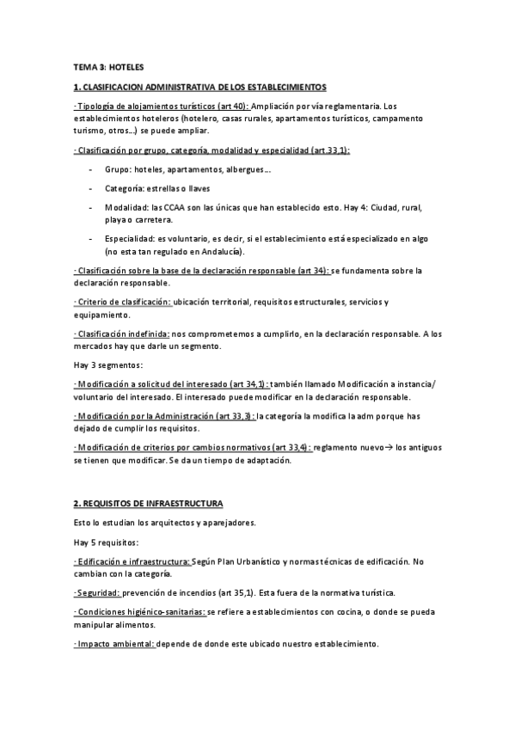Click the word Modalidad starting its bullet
(126, 207)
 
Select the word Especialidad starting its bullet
(132, 238)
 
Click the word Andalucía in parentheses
(219, 252)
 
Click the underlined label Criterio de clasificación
(124, 302)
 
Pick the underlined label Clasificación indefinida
(127, 333)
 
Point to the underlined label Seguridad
(97, 593)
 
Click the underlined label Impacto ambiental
(114, 643)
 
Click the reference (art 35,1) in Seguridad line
(251, 593)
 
